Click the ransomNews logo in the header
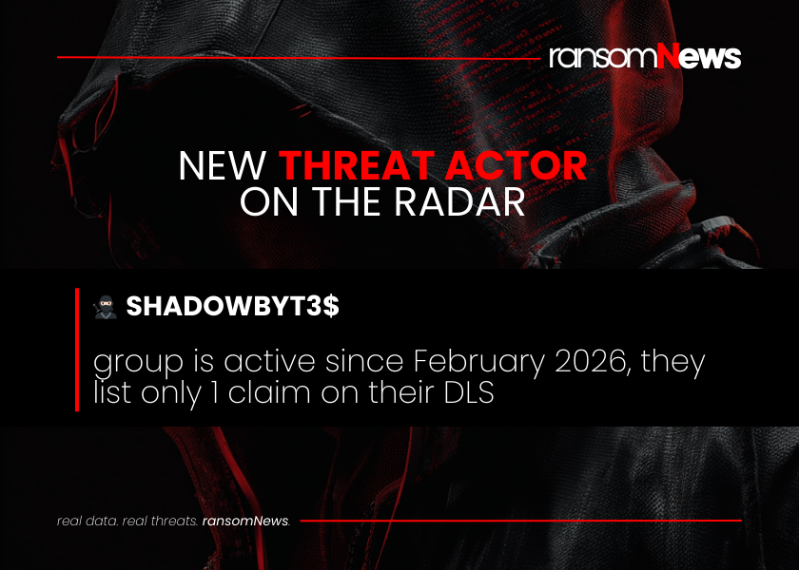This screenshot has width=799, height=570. (x=645, y=56)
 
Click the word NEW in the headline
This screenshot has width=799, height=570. (x=223, y=165)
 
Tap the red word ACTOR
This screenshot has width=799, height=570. (x=516, y=165)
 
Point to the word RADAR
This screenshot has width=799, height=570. (x=459, y=201)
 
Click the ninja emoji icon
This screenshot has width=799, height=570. (x=106, y=307)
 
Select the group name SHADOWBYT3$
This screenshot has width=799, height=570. (x=232, y=306)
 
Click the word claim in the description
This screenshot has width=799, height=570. (x=269, y=393)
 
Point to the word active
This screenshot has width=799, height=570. (x=269, y=361)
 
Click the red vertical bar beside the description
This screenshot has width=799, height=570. (x=77, y=350)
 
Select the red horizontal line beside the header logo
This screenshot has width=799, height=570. (x=299, y=58)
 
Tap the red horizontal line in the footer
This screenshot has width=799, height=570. (x=521, y=521)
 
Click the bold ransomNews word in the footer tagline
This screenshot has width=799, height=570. (x=245, y=522)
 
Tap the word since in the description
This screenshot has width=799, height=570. (x=364, y=361)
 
